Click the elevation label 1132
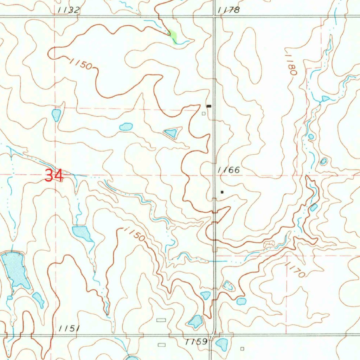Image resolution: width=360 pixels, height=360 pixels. pos(69,10)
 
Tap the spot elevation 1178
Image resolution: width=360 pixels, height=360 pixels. pos(229,10)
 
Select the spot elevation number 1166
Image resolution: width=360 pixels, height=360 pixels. pos(229,170)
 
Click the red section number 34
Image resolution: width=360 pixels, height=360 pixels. pos(54,175)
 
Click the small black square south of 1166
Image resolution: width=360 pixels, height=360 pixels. pos(222,192)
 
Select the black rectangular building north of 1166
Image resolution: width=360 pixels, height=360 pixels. pos(210,105)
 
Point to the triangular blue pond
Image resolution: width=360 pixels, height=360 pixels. pos(171,133)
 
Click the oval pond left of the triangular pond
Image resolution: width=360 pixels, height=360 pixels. pos(126,127)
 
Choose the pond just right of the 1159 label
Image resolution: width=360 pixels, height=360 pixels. pos(221,344)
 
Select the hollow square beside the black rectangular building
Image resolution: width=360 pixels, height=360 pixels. pos(204,113)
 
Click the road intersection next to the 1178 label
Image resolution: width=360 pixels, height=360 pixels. pos(215,16)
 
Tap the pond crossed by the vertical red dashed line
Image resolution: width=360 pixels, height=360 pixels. pos(56,115)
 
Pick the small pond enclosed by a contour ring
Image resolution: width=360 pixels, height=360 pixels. pos(323,161)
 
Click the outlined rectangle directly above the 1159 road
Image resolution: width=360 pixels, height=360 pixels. pos(161,320)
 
